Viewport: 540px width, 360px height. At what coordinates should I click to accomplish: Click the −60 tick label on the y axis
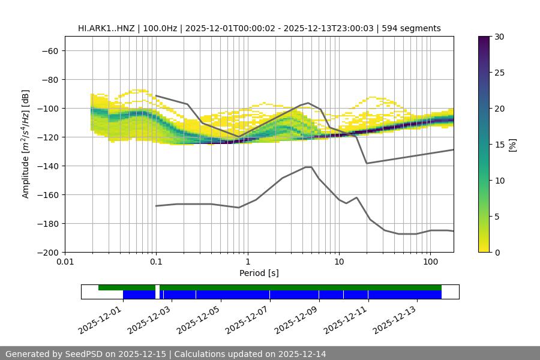tap(49, 50)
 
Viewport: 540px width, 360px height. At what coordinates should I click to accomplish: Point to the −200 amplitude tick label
tap(47, 252)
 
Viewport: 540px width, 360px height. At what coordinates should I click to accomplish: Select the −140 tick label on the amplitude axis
tap(47, 166)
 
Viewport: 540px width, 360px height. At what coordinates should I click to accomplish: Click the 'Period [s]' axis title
tap(259, 274)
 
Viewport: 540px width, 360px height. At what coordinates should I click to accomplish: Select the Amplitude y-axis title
tap(26, 145)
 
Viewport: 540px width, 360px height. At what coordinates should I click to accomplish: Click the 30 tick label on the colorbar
tap(497, 37)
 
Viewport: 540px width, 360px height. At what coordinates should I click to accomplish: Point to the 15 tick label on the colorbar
tap(497, 145)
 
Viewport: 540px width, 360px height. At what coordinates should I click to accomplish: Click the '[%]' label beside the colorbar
tap(512, 145)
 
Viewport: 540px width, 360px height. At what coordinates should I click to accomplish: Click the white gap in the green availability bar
tap(157, 288)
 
